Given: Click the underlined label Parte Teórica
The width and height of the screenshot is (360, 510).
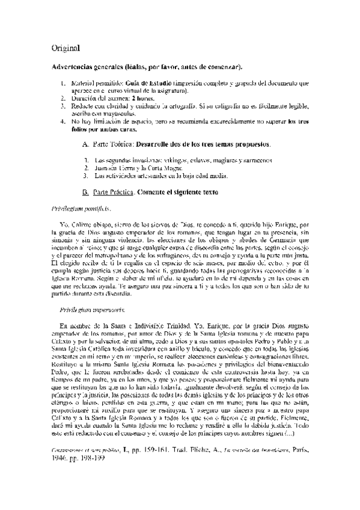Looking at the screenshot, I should click(112, 145).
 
